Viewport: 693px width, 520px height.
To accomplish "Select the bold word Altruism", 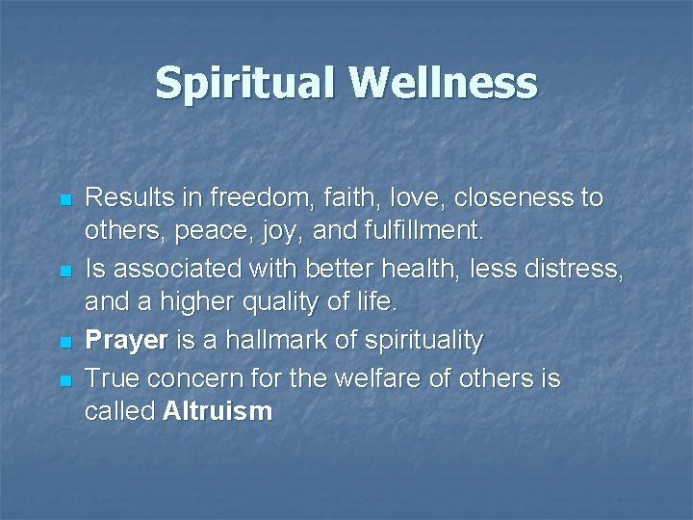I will coord(218,412).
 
